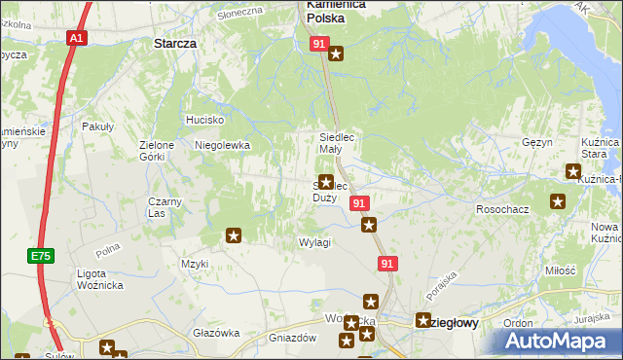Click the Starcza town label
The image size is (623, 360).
175,44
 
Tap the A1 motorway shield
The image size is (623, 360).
77,38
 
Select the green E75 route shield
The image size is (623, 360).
40,256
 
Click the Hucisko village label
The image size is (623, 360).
205,120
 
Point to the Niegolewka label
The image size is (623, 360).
223,145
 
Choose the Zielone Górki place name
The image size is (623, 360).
157,151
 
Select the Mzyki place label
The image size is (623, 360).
195,264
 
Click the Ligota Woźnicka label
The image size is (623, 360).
98,279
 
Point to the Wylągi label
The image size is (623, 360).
314,242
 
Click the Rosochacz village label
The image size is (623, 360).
501,209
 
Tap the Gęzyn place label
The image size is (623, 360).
536,142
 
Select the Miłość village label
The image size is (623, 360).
560,270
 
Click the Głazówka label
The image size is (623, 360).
216,333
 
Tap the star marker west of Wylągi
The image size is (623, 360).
234,234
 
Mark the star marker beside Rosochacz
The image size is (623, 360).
558,202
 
